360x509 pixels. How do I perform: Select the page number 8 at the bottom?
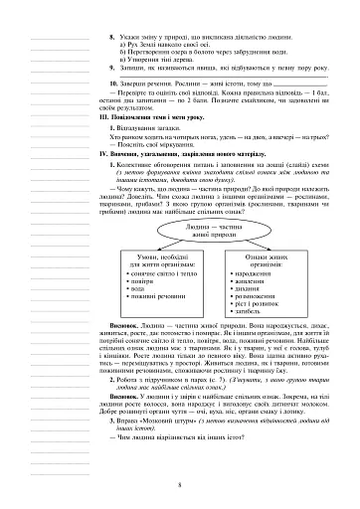click(x=180, y=486)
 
